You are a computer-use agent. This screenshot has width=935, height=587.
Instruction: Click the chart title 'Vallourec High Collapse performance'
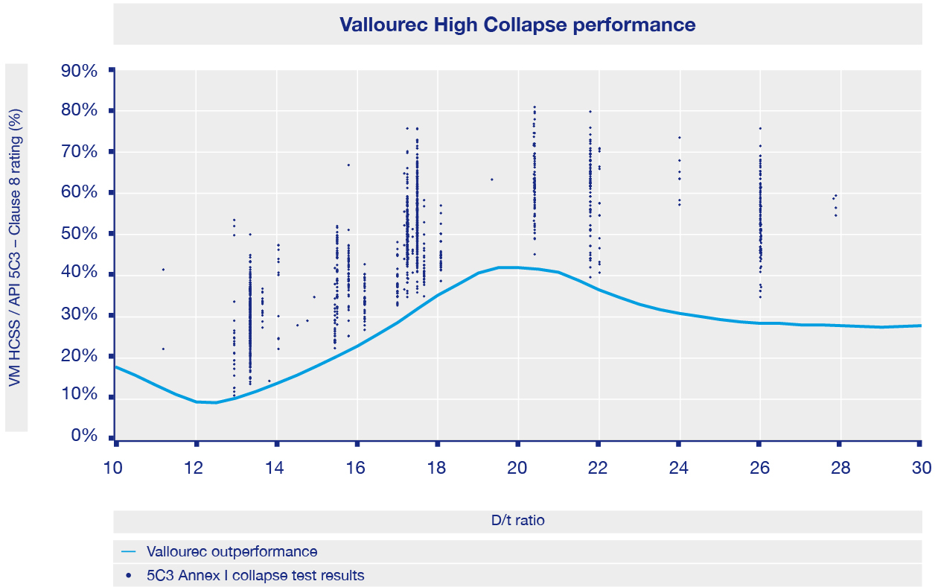tap(517, 25)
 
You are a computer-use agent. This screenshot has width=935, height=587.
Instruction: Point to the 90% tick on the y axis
tap(79, 72)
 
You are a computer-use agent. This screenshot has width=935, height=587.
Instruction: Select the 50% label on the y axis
tap(79, 233)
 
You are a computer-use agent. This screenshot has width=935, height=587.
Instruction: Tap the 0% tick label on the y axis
tap(83, 436)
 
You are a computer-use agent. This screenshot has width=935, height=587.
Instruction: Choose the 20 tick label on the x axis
tap(517, 468)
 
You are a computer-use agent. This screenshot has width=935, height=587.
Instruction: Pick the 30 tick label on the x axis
tap(921, 468)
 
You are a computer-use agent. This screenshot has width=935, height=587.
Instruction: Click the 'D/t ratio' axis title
tap(517, 521)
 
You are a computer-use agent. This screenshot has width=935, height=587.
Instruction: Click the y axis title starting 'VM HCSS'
tap(16, 247)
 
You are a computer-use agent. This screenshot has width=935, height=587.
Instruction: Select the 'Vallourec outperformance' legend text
tap(232, 552)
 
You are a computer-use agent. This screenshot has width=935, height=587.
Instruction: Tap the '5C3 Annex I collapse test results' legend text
tap(255, 575)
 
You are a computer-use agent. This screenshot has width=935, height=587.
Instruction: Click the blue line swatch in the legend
tap(129, 552)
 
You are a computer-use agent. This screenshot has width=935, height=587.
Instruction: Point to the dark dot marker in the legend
tap(129, 575)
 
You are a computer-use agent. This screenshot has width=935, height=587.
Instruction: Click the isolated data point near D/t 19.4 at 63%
tap(491, 180)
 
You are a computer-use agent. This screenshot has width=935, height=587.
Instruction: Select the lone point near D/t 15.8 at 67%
tap(348, 165)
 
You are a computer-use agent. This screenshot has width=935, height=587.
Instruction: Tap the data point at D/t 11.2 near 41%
tap(163, 270)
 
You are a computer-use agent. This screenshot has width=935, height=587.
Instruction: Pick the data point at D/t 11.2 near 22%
tap(163, 349)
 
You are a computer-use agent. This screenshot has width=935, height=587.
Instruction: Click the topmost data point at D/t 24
tap(679, 137)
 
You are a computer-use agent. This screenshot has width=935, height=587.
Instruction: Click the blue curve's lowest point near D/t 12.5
tap(216, 402)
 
